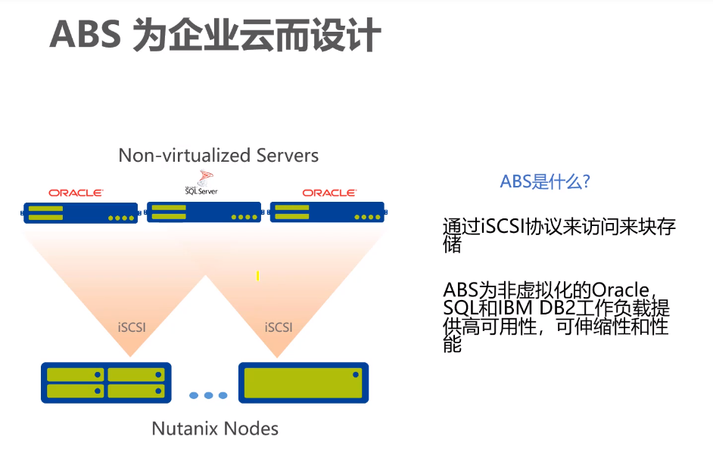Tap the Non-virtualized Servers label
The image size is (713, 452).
tap(218, 156)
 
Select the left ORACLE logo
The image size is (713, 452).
tap(76, 193)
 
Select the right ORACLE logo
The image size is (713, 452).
tap(329, 193)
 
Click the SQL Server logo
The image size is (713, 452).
tap(201, 184)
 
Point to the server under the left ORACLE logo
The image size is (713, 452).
tap(80, 212)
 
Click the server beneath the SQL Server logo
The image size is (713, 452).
tap(204, 212)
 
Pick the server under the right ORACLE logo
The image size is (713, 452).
tap(327, 212)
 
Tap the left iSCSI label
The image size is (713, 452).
tap(132, 327)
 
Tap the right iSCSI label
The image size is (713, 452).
tap(279, 327)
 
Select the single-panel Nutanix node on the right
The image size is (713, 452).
tap(304, 382)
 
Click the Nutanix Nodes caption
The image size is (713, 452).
tap(215, 429)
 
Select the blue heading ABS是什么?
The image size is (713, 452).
tap(545, 181)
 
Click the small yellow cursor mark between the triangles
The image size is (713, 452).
tap(257, 276)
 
